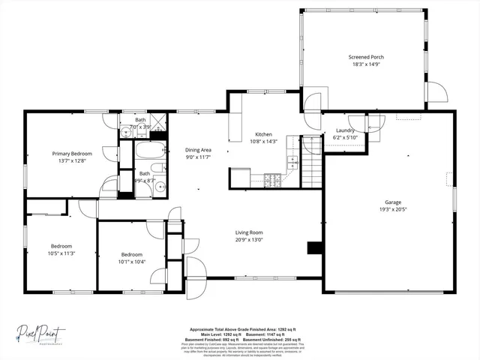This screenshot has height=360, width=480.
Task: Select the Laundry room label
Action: [x=345, y=130]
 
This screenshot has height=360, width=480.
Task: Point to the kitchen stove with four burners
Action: [x=274, y=179]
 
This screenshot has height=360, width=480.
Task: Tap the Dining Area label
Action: [x=199, y=150]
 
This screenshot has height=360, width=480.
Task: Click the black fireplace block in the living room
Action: [x=313, y=249]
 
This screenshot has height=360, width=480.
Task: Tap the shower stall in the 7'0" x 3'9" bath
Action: [x=160, y=123]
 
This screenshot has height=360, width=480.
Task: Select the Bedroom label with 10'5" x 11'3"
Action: [x=61, y=246]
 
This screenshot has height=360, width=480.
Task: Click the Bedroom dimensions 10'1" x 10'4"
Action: [x=131, y=262]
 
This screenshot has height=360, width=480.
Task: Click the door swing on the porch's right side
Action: [x=436, y=92]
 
